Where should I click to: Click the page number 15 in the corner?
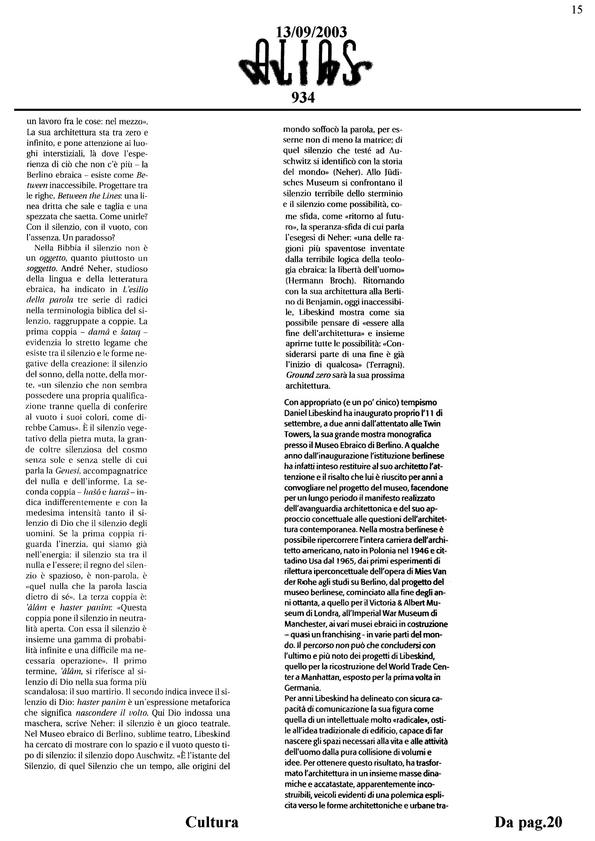pyautogui.click(x=577, y=10)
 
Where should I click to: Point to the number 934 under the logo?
pyautogui.click(x=303, y=98)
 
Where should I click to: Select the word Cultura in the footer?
pyautogui.click(x=212, y=822)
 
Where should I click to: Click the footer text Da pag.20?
pyautogui.click(x=528, y=822)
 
